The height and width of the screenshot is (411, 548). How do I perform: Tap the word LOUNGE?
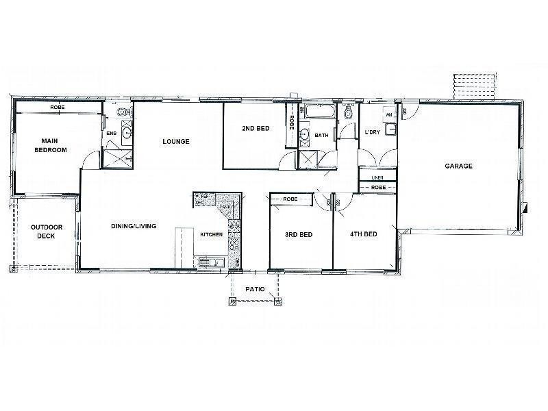[175, 142]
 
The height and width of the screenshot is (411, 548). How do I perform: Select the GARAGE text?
[459, 166]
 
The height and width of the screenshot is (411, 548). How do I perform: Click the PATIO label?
[255, 289]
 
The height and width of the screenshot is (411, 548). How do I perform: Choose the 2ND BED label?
[254, 129]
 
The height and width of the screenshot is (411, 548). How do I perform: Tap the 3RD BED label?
[299, 235]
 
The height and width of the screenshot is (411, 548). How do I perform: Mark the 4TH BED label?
[364, 235]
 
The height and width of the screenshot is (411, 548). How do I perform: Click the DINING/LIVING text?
[135, 225]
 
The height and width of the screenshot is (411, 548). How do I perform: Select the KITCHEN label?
[211, 235]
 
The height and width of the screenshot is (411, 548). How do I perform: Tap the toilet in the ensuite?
[121, 112]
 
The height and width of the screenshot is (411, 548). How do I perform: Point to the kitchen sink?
[208, 261]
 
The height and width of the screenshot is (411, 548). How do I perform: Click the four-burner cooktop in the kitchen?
[233, 242]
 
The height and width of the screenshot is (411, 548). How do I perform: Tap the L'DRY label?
[373, 132]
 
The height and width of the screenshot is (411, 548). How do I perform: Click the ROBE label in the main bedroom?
[58, 108]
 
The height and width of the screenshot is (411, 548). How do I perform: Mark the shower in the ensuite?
[117, 159]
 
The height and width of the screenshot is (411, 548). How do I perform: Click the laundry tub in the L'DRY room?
[391, 129]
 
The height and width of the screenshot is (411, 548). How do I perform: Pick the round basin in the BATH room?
[304, 134]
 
